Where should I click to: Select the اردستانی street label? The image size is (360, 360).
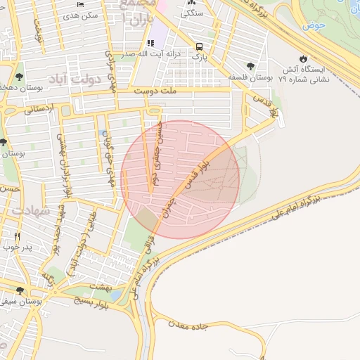[39, 110]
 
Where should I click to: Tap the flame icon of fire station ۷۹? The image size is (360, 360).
[303, 59]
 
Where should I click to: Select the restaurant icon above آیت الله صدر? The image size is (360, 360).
[150, 44]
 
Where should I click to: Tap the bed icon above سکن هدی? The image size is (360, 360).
[80, 4]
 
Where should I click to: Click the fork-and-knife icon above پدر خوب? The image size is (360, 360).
[18, 236]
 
